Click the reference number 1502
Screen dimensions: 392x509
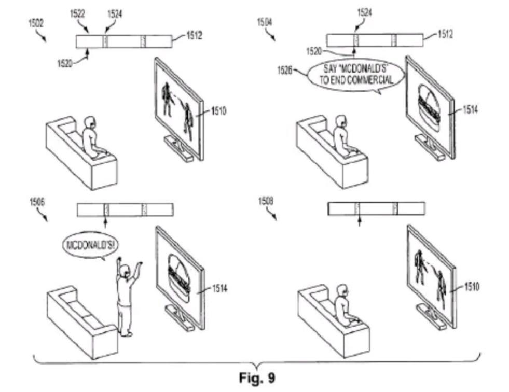click(x=36, y=23)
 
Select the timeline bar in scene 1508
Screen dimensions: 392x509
click(x=376, y=208)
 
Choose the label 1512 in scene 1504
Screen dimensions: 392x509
click(x=445, y=35)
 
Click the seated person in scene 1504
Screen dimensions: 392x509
click(x=342, y=137)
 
